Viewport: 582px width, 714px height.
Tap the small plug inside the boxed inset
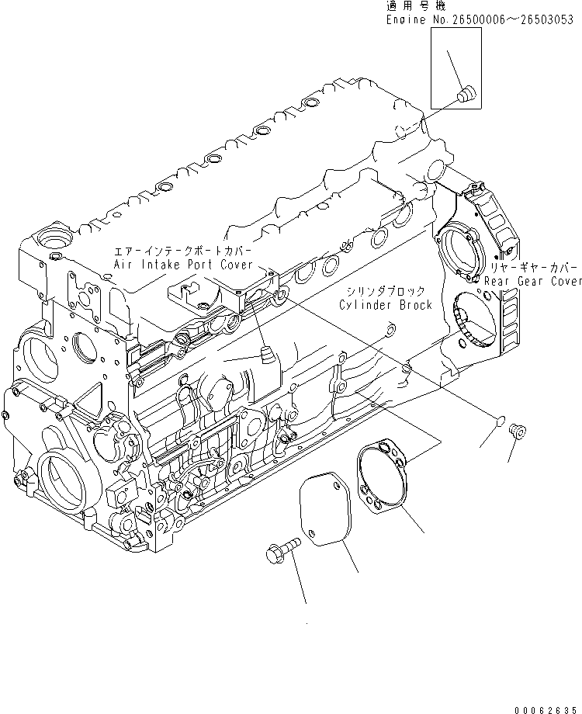click(x=466, y=95)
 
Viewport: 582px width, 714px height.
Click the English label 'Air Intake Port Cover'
click(x=183, y=265)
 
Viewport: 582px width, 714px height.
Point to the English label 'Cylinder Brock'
click(x=385, y=305)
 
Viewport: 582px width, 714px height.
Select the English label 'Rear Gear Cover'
click(x=533, y=281)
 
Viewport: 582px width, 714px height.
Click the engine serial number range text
click(x=482, y=20)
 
